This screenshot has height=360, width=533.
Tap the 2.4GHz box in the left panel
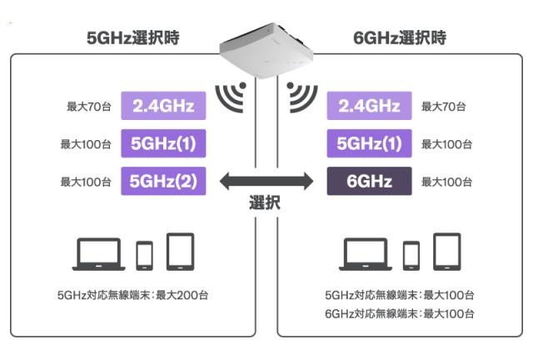163,107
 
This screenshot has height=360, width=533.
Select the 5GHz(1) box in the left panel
163,144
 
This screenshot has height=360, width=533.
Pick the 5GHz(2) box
163,181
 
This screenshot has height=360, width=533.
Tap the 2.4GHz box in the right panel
368,107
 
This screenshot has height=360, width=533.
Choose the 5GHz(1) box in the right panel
368,144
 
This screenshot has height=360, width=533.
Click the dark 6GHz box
368,181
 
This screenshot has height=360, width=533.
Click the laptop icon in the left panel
98,254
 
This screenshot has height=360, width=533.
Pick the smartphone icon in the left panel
145,256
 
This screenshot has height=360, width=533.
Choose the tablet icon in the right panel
446,252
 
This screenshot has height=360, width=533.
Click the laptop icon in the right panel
365,254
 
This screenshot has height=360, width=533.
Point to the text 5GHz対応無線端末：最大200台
132,295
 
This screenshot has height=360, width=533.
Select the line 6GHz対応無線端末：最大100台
400,313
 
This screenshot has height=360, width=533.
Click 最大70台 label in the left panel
89,107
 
